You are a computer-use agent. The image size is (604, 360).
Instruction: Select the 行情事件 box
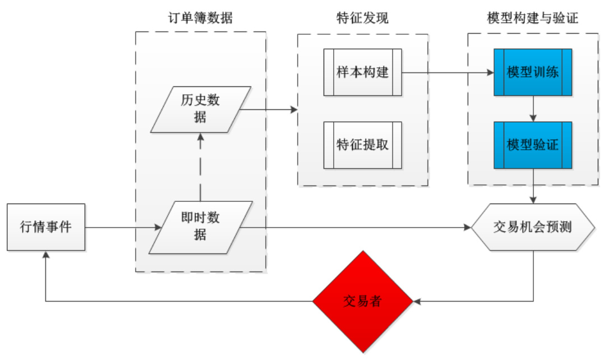(x=46, y=227)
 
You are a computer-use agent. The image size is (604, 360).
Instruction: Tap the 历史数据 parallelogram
(x=200, y=109)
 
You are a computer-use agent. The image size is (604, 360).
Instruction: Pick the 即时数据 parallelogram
(x=200, y=227)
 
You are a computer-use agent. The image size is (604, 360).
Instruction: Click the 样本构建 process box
(x=362, y=72)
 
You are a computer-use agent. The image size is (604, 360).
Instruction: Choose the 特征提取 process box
(x=362, y=145)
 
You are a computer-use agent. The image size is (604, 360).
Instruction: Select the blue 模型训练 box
(x=533, y=72)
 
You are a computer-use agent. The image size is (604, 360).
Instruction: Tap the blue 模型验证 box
(x=533, y=145)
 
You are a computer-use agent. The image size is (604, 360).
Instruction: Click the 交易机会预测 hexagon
(x=533, y=227)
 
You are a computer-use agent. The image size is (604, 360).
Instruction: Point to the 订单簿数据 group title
(x=201, y=19)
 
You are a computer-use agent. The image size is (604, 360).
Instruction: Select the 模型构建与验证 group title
(x=533, y=19)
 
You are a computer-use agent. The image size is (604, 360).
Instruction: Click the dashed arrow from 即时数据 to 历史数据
(x=200, y=168)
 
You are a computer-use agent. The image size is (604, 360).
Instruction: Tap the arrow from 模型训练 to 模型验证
(x=533, y=109)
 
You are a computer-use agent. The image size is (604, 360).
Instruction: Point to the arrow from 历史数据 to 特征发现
(x=269, y=109)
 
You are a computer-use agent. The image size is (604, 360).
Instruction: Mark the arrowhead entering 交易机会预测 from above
(x=533, y=199)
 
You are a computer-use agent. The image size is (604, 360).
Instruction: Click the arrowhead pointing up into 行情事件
(x=46, y=255)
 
